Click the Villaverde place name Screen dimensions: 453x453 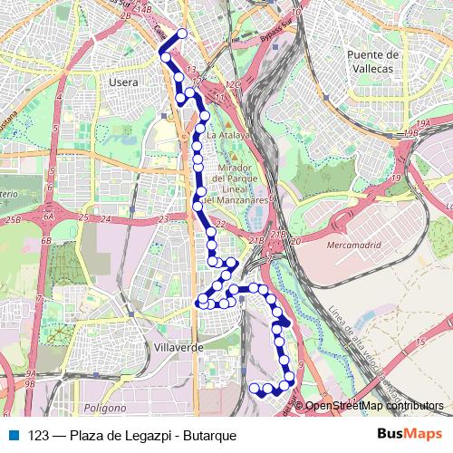tap(175, 345)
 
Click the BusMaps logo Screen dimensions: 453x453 tap(410, 435)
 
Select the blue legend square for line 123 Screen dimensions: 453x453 tap(14, 435)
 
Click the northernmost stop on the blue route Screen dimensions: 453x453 tap(181, 34)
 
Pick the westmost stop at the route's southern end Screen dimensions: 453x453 tap(255, 389)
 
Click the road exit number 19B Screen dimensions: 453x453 tap(412, 132)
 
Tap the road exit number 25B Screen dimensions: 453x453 tap(12, 219)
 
